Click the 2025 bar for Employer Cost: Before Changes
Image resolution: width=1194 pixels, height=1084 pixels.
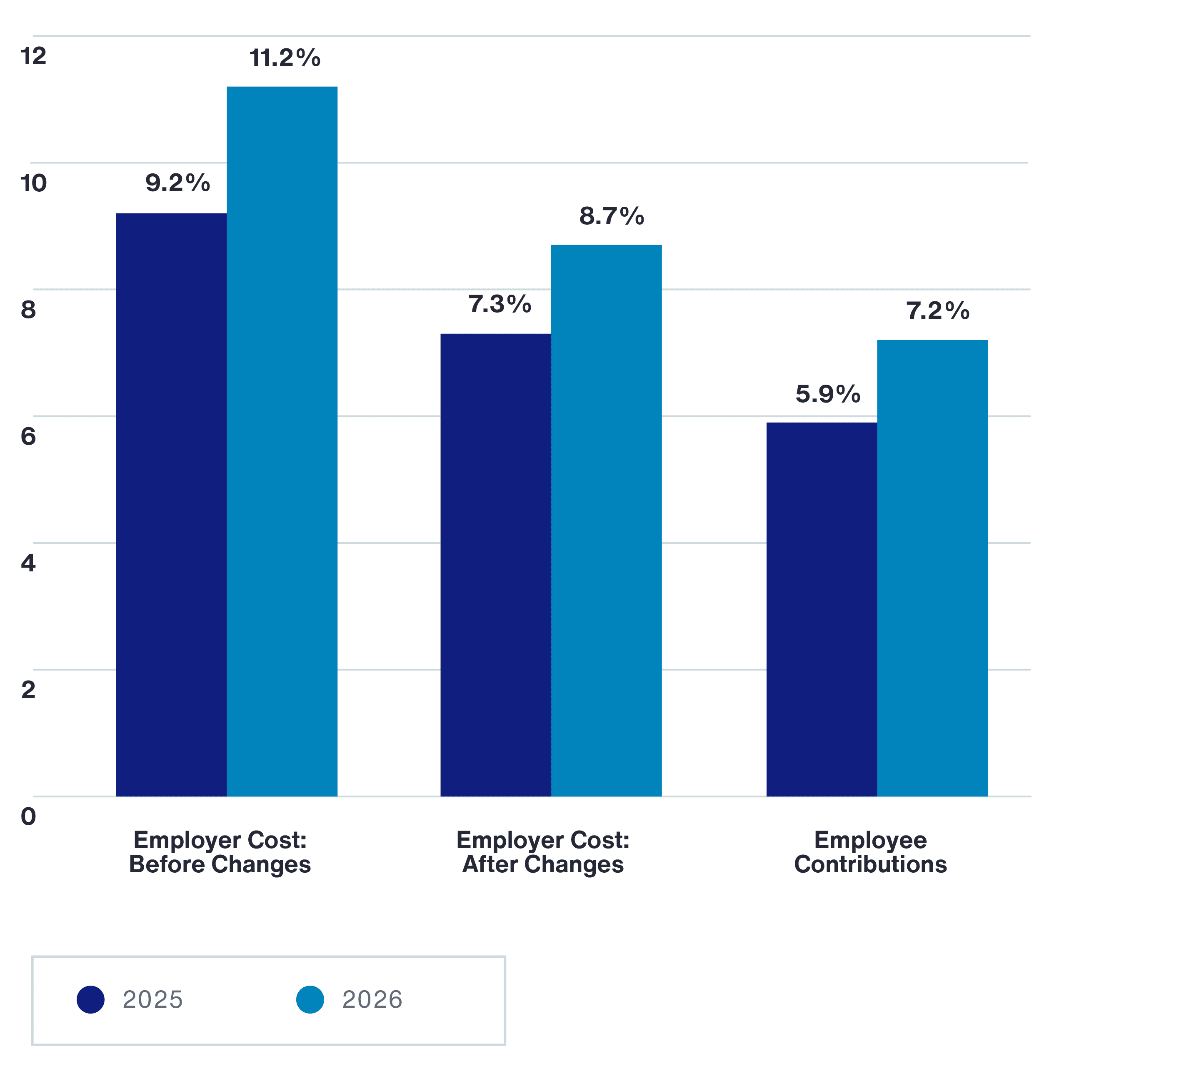(171, 504)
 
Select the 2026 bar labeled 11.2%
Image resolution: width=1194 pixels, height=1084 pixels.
(282, 441)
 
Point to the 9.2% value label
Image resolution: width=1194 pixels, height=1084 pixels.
(177, 183)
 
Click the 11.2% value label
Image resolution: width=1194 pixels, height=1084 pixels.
(285, 58)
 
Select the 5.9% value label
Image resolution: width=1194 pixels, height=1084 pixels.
(827, 394)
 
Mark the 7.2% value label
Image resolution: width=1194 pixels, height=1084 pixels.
(937, 311)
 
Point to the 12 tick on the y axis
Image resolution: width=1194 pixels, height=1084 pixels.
(33, 56)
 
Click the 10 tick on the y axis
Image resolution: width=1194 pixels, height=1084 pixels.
(33, 183)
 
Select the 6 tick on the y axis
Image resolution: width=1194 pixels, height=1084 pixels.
(28, 437)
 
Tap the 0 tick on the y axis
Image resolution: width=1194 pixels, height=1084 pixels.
(28, 817)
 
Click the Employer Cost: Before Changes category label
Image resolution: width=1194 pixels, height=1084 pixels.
(220, 852)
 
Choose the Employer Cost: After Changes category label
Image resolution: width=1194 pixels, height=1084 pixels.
(542, 852)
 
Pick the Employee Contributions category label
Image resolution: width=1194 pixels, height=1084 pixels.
(870, 852)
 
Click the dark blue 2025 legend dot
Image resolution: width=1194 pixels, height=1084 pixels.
(91, 999)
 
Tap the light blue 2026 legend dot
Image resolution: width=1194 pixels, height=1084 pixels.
(310, 999)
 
